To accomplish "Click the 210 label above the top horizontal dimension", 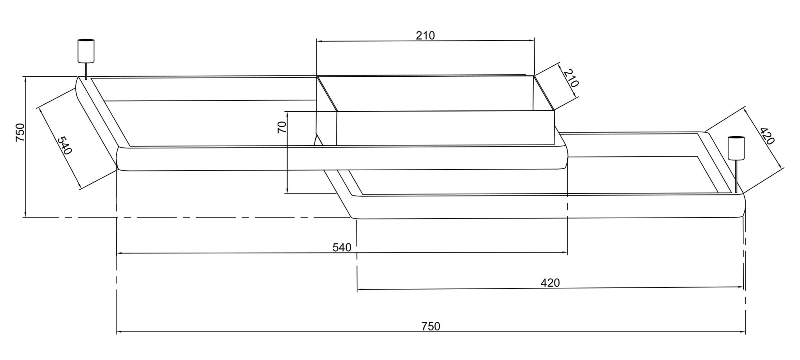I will coord(425,35).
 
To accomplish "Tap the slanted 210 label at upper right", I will coord(570,79).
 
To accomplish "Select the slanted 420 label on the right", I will coord(766,136).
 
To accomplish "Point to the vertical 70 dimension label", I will coord(282,127).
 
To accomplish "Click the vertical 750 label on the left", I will coord(20,133).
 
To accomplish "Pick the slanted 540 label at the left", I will coord(64,145).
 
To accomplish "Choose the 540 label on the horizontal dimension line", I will coord(342,247).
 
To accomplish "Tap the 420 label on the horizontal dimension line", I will coord(550,283).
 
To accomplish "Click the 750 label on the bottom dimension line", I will coord(431,327).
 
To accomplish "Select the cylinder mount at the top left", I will coord(86,51).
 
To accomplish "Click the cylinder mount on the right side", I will coord(735,148).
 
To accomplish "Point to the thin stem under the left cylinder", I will coord(86,70).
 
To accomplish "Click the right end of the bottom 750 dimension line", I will coord(745,332).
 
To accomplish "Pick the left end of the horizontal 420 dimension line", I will coord(357,289).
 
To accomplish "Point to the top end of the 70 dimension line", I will coord(288,111).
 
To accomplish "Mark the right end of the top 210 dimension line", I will coord(534,41).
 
